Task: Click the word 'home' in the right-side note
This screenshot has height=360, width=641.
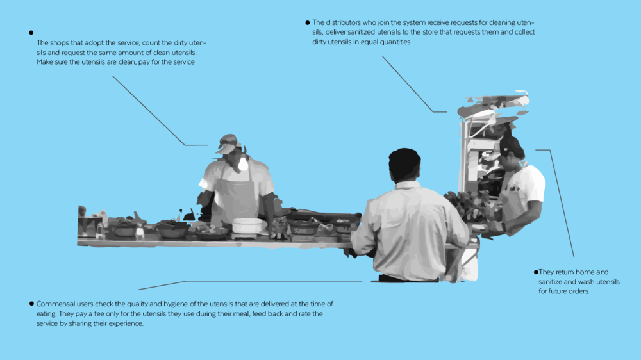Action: click(x=585, y=272)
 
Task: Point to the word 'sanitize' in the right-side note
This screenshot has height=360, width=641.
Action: click(x=551, y=282)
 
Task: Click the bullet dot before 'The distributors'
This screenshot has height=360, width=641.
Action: click(x=308, y=23)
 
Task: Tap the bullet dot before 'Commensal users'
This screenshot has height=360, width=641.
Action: click(x=31, y=304)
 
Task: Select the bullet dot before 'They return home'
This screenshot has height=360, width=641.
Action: click(x=536, y=272)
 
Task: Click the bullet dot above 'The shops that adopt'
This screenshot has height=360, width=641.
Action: click(x=31, y=33)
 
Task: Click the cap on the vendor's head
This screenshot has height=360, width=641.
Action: click(x=228, y=143)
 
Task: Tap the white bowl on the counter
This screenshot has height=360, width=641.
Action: click(x=247, y=225)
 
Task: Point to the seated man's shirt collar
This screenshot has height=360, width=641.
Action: click(x=408, y=185)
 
